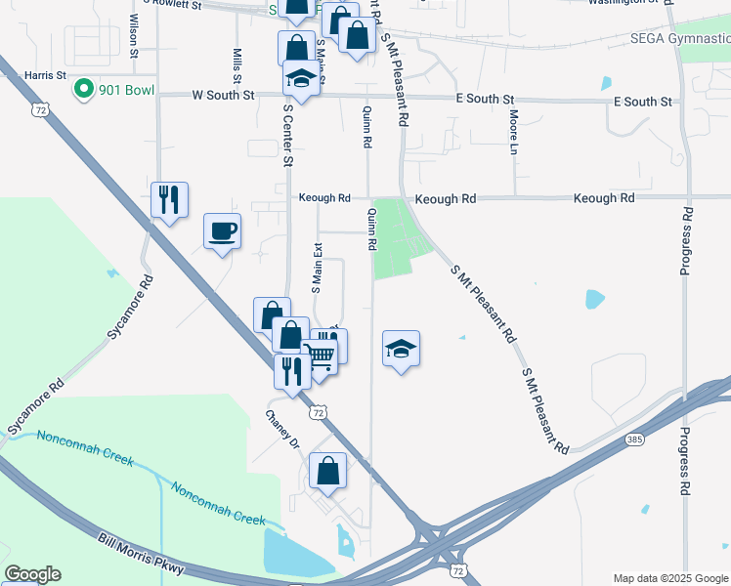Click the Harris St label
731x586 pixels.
[x=45, y=74]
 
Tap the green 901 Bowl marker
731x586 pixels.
[x=84, y=90]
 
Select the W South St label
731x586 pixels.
[x=223, y=96]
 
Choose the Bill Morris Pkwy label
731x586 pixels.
[x=141, y=555]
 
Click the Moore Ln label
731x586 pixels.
[x=513, y=133]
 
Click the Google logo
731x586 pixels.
[x=32, y=574]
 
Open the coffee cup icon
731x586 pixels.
[x=223, y=230]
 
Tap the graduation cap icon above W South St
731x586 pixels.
[x=302, y=78]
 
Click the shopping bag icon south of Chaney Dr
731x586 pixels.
[x=327, y=470]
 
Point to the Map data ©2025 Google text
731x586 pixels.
[x=669, y=578]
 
